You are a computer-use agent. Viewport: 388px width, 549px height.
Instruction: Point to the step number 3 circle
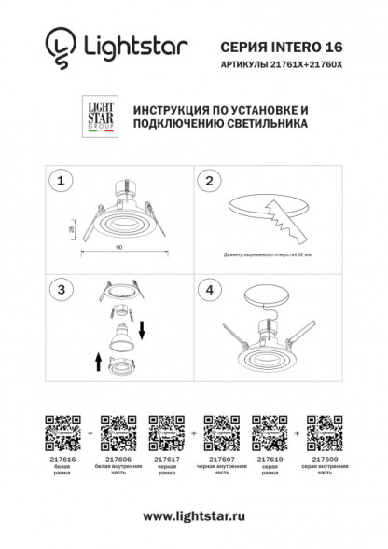click(x=62, y=290)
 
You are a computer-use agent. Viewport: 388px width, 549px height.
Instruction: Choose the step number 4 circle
click(x=210, y=290)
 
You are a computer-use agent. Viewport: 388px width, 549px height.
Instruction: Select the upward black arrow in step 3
click(x=98, y=359)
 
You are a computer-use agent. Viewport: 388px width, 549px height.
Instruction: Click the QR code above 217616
click(x=61, y=432)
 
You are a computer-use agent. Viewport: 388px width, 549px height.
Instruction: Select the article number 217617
click(x=165, y=460)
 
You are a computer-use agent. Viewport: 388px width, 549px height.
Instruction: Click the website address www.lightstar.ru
click(x=193, y=515)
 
